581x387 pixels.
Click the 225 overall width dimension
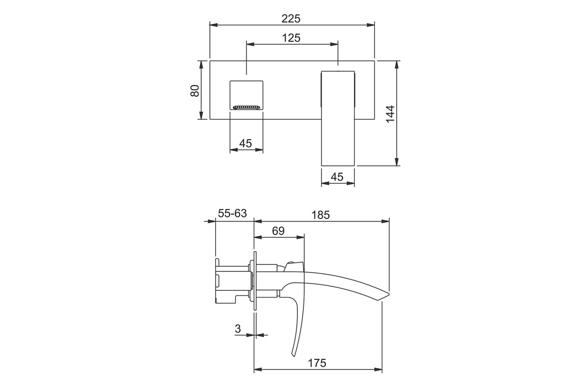coord(291,19)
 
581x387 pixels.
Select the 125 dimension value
coord(291,38)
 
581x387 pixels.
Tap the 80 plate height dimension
coord(195,91)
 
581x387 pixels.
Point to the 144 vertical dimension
coord(390,114)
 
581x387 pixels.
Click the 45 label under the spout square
coord(245,143)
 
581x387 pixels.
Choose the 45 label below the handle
coord(337,177)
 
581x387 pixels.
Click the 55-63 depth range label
coord(232,213)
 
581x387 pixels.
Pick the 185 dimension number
coord(321,215)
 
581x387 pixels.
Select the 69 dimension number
coord(278,231)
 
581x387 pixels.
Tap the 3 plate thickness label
coord(238,328)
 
